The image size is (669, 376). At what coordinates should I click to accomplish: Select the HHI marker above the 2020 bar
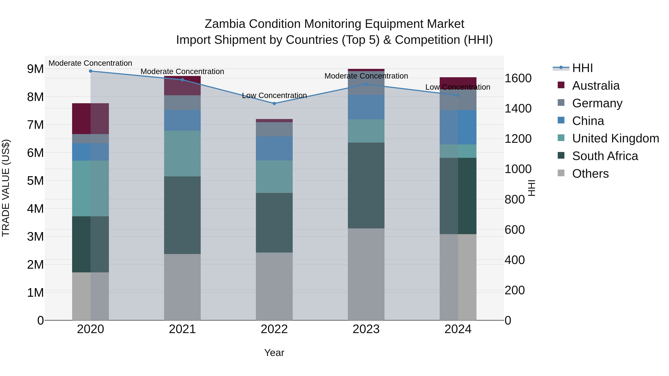[x=90, y=71]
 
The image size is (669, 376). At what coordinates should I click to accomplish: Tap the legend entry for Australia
[x=596, y=86]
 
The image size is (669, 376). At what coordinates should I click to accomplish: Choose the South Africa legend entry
[x=605, y=156]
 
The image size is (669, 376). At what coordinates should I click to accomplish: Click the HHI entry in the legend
[x=582, y=68]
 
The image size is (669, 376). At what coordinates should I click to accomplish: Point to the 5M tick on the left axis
[x=35, y=181]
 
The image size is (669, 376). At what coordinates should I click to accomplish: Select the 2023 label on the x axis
[x=366, y=329]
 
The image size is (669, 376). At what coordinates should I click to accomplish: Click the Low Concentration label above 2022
[x=274, y=95]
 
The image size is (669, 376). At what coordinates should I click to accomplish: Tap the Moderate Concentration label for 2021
[x=182, y=72]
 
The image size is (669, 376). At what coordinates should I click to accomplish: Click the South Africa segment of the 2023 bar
[x=366, y=185]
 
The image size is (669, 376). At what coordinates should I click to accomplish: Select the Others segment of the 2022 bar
[x=274, y=286]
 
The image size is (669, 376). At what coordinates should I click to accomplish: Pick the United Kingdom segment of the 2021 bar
[x=182, y=153]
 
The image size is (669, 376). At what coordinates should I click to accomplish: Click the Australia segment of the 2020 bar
[x=90, y=119]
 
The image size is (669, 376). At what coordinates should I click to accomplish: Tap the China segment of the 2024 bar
[x=458, y=127]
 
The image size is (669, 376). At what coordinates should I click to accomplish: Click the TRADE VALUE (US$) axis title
[x=6, y=188]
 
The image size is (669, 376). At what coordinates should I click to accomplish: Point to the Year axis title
[x=274, y=353]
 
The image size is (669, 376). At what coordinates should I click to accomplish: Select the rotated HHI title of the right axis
[x=532, y=188]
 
